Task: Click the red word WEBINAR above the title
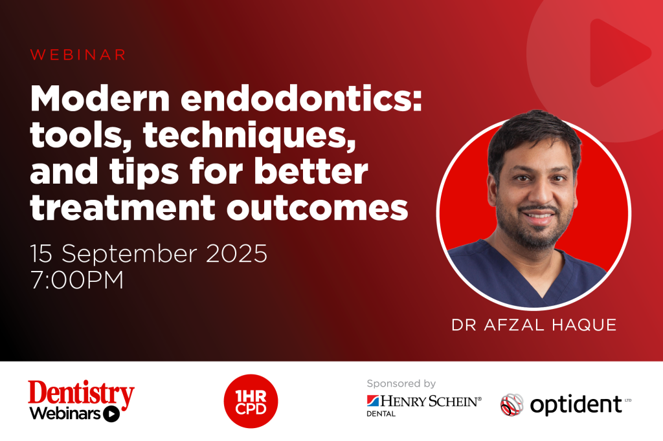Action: [x=78, y=55]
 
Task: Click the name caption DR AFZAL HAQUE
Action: [x=534, y=325]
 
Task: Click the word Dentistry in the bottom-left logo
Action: [x=81, y=393]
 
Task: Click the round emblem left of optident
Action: [x=511, y=405]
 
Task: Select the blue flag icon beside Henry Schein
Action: [x=373, y=401]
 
